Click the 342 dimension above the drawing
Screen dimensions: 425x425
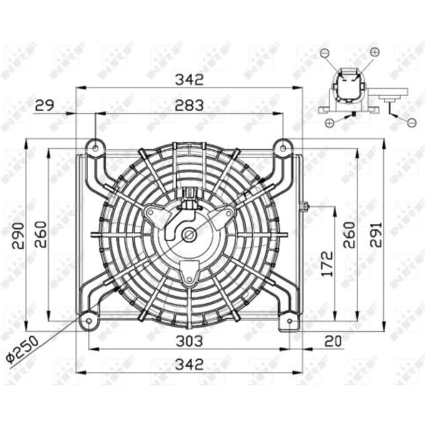click(189, 79)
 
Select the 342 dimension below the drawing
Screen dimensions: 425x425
click(189, 364)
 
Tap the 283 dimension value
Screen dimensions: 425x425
click(189, 106)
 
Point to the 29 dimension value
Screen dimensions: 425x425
click(45, 105)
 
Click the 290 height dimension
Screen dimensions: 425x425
click(18, 236)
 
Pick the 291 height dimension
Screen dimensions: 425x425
click(376, 235)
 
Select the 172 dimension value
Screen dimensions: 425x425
click(327, 264)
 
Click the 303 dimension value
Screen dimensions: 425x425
click(189, 341)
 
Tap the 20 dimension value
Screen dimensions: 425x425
click(333, 341)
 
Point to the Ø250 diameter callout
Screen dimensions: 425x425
click(22, 349)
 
